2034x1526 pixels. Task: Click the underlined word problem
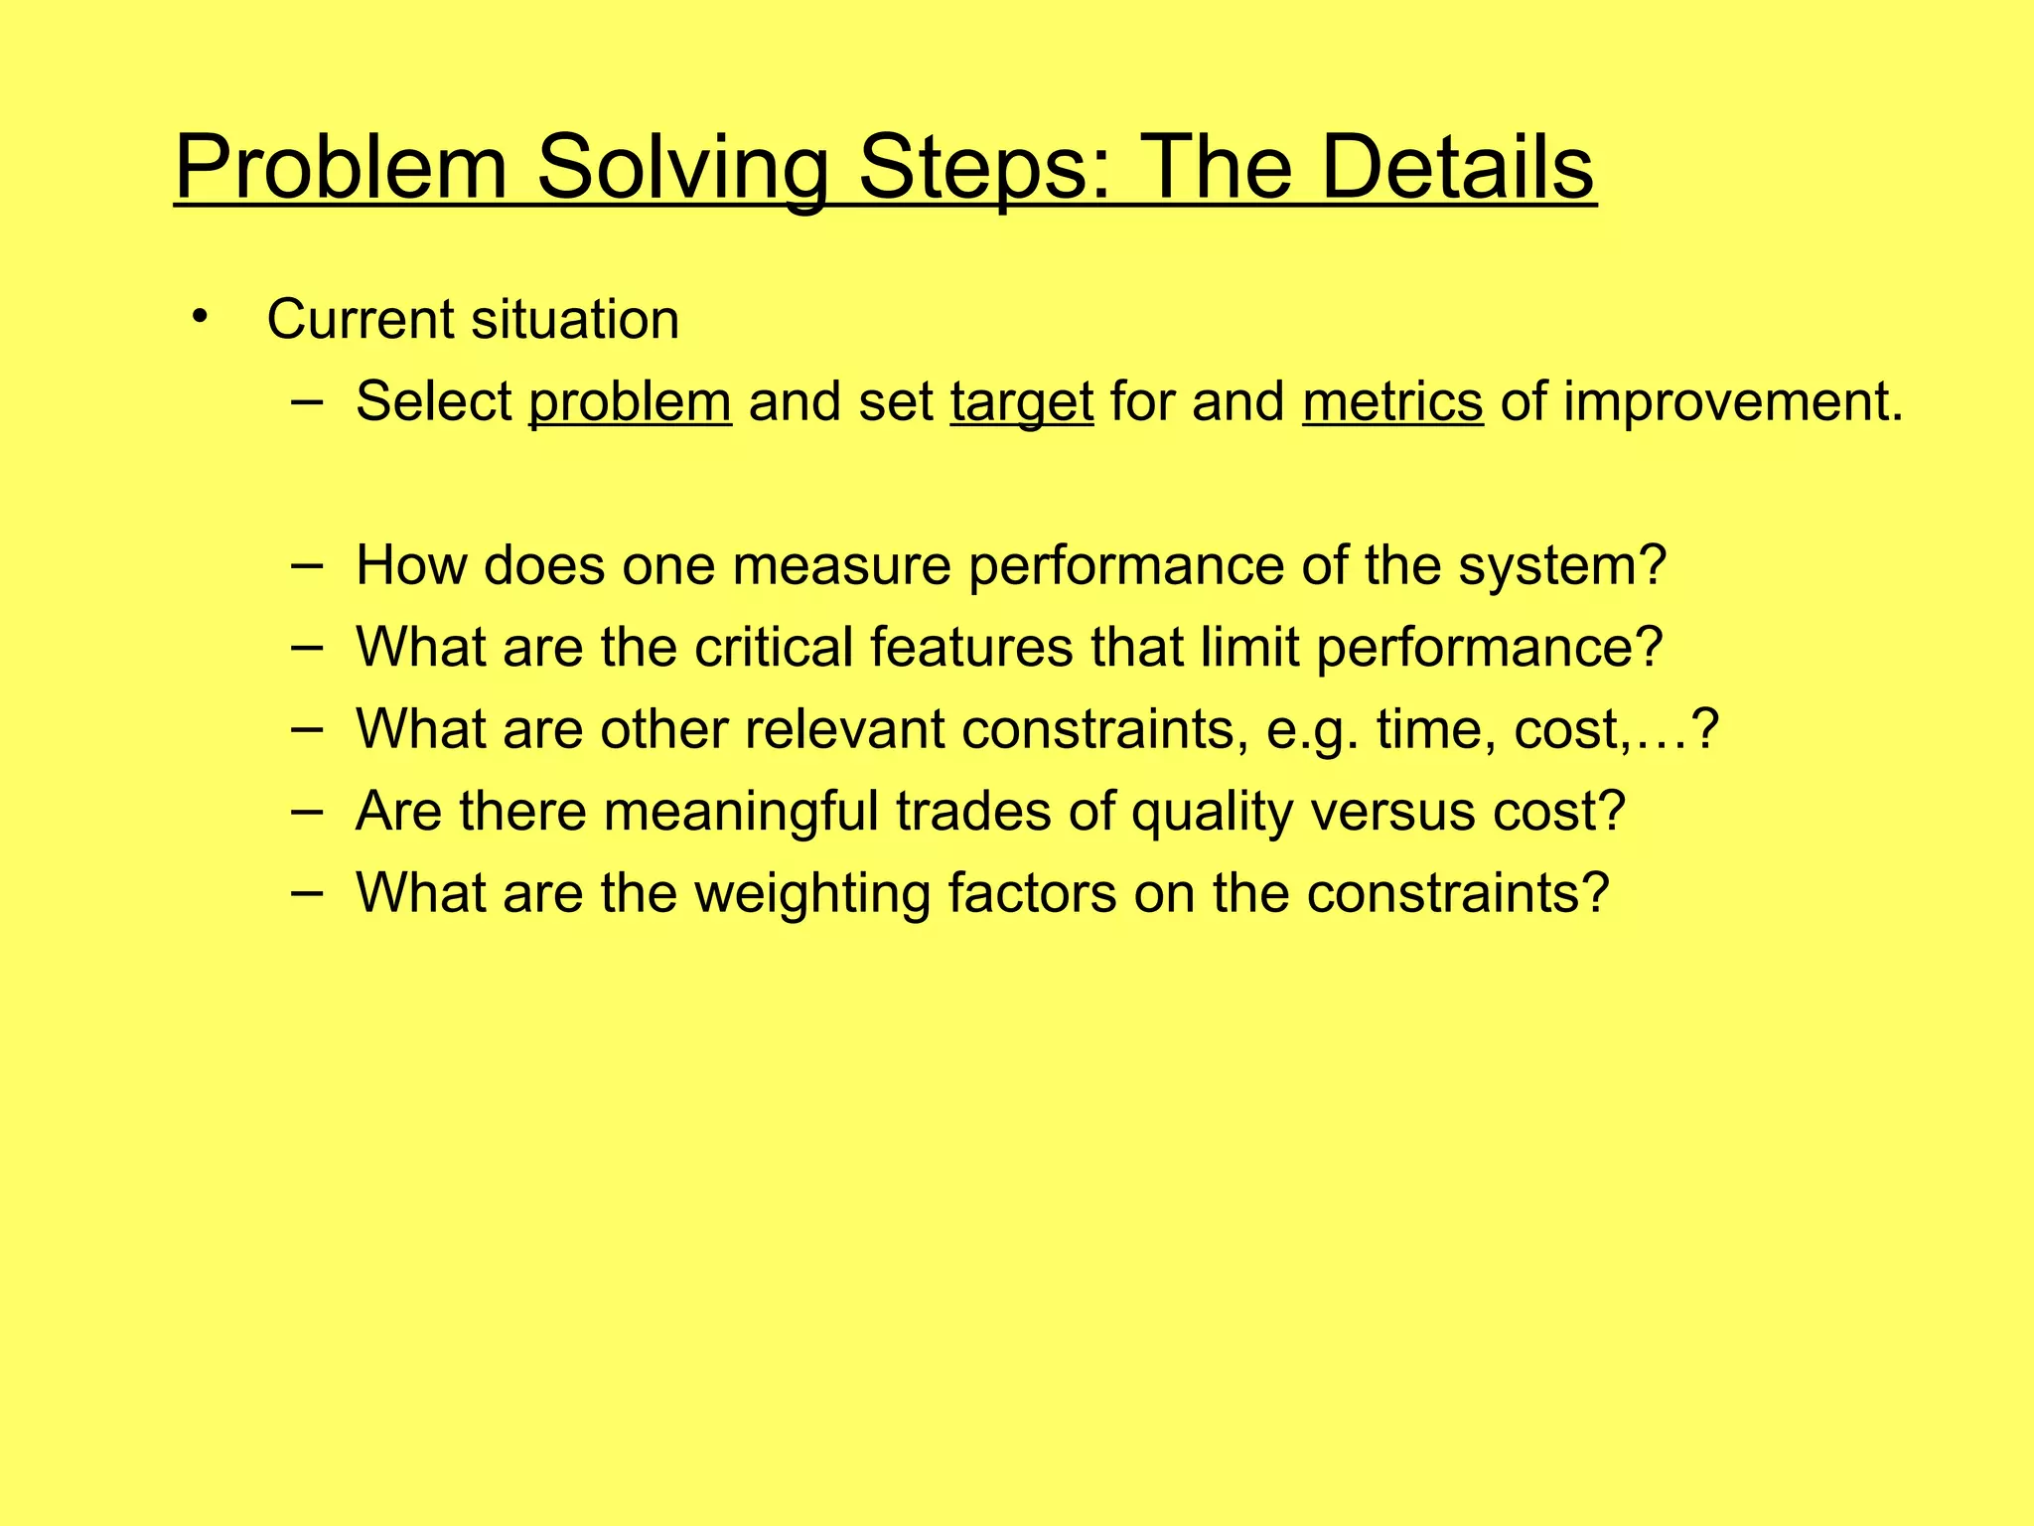(630, 402)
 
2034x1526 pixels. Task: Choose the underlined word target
(1021, 402)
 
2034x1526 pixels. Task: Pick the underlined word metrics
(1392, 402)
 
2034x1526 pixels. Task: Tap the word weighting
(811, 893)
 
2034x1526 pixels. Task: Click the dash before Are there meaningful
(307, 811)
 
